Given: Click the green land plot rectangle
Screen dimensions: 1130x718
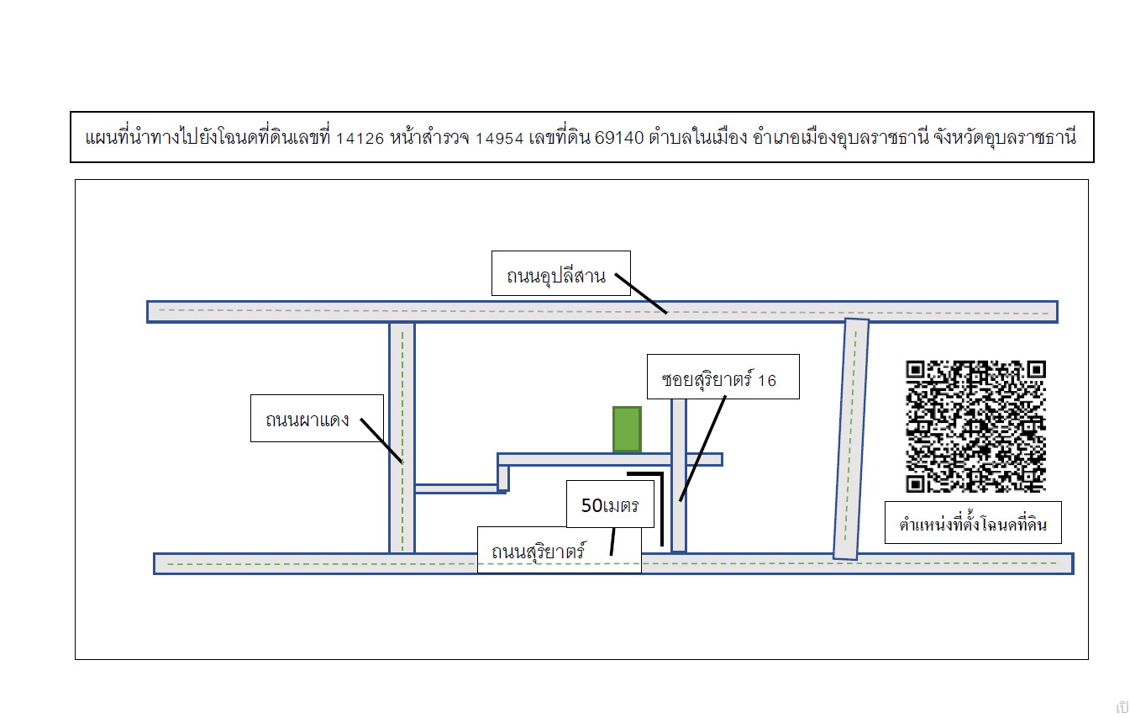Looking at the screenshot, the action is (x=627, y=429).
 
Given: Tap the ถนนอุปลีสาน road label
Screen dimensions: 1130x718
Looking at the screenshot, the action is (x=556, y=277).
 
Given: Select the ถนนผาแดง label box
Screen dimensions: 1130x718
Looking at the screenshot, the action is (x=317, y=418).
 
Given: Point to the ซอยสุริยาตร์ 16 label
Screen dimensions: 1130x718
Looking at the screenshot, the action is (x=718, y=380).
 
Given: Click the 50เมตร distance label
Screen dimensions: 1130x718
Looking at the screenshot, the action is (x=610, y=505).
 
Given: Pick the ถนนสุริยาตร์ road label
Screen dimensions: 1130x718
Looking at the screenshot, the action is (x=539, y=552).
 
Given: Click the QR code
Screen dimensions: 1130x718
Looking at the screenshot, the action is (x=975, y=426).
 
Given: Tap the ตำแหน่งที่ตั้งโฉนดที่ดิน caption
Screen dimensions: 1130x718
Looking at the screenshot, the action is (x=973, y=524).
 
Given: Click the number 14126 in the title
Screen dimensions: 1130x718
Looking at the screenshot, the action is (x=360, y=138).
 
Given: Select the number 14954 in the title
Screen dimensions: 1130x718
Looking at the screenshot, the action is (x=499, y=138).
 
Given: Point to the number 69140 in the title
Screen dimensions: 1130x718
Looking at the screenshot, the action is (x=619, y=138).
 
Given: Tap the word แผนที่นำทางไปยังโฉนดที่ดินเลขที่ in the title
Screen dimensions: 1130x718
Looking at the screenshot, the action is (x=208, y=137).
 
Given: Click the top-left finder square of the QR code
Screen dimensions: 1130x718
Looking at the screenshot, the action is (x=915, y=370).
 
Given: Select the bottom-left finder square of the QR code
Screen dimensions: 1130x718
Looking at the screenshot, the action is (x=915, y=483).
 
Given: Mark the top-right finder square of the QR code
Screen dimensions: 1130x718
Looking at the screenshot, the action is (x=1037, y=370).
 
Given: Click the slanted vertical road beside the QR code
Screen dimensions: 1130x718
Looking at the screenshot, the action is (x=851, y=439).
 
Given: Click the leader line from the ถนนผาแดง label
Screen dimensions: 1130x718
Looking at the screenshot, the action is (x=381, y=441).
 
